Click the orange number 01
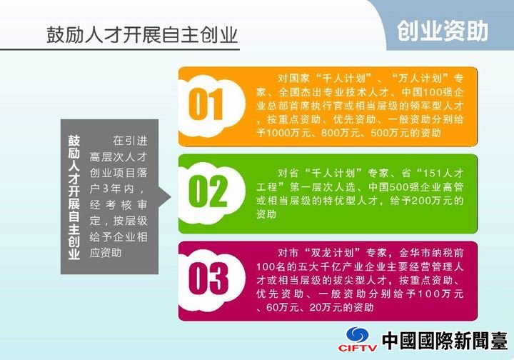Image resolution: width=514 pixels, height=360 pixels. click(x=206, y=104)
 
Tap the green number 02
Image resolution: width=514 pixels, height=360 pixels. click(x=207, y=191)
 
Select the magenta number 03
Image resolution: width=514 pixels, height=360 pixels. click(x=208, y=279)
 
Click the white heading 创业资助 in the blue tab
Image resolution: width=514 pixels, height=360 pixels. click(x=443, y=31)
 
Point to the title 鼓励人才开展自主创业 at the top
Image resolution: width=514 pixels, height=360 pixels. click(x=142, y=35)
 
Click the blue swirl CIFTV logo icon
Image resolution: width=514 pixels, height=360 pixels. click(x=358, y=335)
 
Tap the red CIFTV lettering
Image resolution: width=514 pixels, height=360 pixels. click(x=358, y=348)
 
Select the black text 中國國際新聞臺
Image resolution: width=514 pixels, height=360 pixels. click(x=445, y=341)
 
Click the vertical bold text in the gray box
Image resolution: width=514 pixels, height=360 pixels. click(x=74, y=197)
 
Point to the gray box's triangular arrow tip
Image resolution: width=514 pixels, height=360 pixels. click(x=171, y=197)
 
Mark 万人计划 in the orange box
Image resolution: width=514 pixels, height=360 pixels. click(x=419, y=79)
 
